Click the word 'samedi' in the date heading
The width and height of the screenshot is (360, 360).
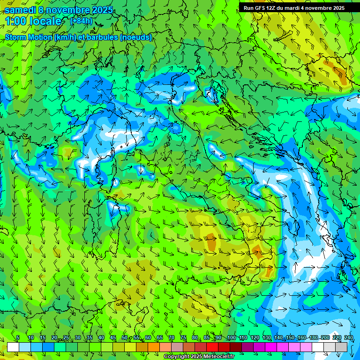(20, 10)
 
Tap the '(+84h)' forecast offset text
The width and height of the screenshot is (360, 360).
(81, 21)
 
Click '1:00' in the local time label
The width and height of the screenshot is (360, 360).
(16, 21)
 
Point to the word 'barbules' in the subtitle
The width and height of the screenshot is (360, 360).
(102, 37)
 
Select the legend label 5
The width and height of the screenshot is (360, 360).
(18, 338)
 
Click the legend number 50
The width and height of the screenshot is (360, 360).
(124, 338)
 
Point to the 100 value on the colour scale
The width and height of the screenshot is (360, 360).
(231, 338)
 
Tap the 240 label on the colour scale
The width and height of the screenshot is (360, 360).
(349, 338)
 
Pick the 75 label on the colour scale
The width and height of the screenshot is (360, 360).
(183, 338)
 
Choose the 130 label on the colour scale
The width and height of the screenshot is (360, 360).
(267, 338)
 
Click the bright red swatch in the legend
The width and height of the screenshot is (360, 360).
(212, 347)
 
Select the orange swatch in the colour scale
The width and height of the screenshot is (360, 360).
(154, 347)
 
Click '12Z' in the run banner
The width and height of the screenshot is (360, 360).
(275, 8)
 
